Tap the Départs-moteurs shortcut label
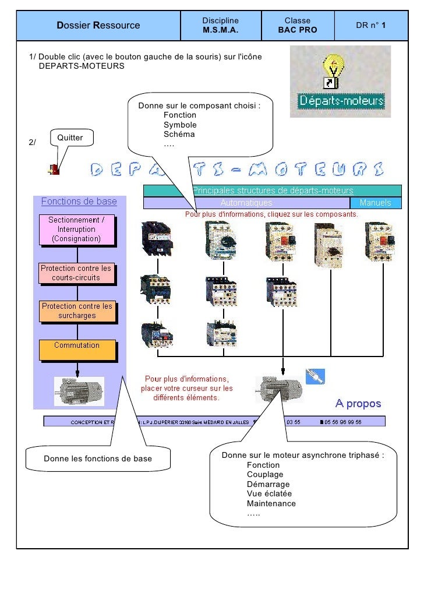click(341, 101)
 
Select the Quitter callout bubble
click(69, 137)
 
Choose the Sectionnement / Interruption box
click(76, 229)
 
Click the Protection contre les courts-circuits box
click(76, 273)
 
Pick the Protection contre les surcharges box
click(77, 310)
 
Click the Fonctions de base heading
click(79, 202)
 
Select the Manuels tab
click(376, 203)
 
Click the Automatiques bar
click(246, 203)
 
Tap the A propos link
click(358, 403)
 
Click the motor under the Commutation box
click(79, 390)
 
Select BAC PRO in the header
click(298, 30)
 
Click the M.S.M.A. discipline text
click(221, 30)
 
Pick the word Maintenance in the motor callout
click(271, 503)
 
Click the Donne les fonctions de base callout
click(98, 458)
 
